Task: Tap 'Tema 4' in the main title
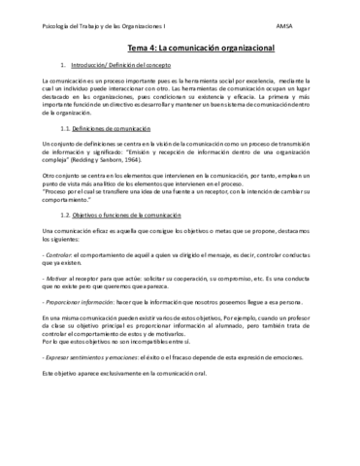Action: pyautogui.click(x=143, y=46)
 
